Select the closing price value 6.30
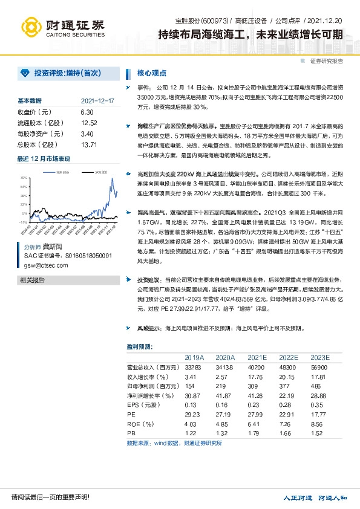coord(87,112)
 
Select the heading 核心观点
coord(152,73)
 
